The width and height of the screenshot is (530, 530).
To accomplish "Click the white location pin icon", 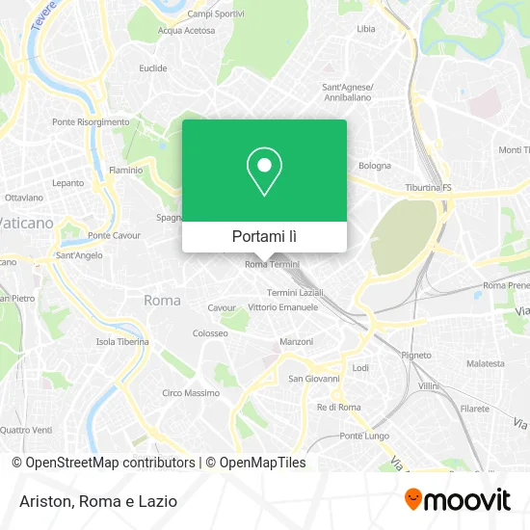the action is coord(264,172).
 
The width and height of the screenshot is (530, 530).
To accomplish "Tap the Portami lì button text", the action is coord(264,236).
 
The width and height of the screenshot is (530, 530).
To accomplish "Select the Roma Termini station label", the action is coord(272,264).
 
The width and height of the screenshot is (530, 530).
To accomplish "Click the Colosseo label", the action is coord(209,332).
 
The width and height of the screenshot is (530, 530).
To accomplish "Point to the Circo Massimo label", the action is coord(191,393).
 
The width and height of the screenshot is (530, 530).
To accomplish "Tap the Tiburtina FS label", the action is coord(429,189).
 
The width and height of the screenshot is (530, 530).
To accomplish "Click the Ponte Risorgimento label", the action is coord(91,122).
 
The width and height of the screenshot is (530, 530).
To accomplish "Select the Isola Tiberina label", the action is coord(121,342).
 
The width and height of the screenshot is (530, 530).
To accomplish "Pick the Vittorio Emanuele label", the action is coord(282,307).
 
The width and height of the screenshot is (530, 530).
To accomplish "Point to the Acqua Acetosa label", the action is coord(186,30).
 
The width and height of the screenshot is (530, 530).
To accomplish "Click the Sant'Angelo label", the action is coord(79,255).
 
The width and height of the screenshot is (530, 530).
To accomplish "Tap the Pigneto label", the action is coord(416,355).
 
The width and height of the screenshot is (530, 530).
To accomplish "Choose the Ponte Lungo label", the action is coord(363,436).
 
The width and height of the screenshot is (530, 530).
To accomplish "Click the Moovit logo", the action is coord(458,499).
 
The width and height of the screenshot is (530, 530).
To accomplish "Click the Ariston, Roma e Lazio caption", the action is coord(93,500).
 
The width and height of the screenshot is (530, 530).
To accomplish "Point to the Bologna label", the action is coord(375,166).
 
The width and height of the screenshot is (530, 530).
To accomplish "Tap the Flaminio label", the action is coord(125,171).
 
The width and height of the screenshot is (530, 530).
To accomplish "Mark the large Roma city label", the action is coord(162,301).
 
